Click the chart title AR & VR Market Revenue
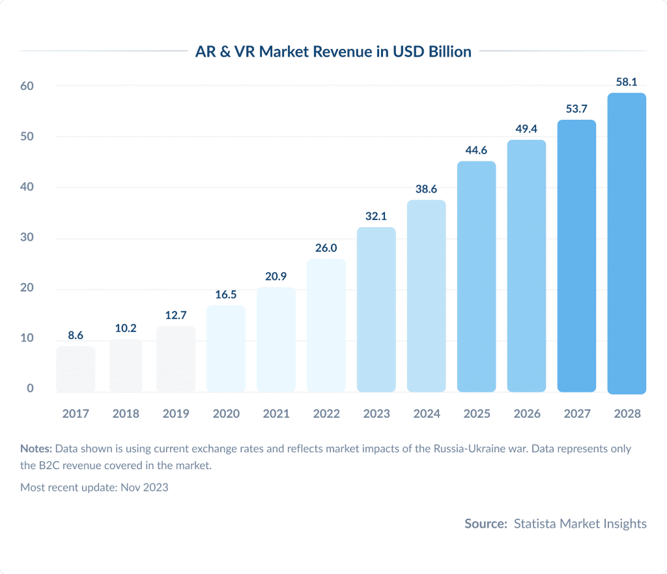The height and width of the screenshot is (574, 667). pos(333,52)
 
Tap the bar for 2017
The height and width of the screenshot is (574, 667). pos(76,369)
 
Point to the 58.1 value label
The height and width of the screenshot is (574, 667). pos(627,82)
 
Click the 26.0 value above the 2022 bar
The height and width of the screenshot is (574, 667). pos(326,248)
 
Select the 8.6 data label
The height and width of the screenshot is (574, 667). pos(76,336)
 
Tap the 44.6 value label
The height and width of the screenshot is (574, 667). pos(476,150)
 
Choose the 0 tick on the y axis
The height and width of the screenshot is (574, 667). pos(29,389)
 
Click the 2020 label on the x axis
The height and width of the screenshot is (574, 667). pos(226,414)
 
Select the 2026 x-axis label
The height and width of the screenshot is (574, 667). pos(526,414)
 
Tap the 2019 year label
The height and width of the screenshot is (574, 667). pos(176,414)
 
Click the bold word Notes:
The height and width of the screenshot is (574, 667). pos(36,449)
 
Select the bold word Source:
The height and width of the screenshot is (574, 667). pos(485,523)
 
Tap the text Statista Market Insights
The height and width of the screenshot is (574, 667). pos(580,523)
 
